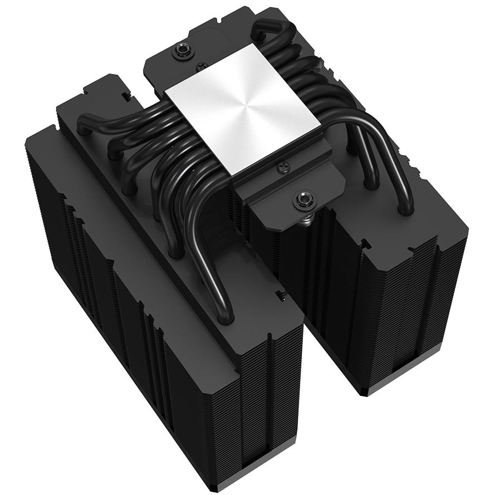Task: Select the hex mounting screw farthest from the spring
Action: click(x=182, y=52)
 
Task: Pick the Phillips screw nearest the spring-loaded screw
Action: click(x=283, y=165)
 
